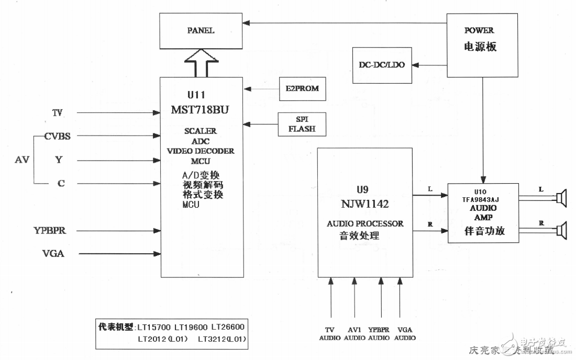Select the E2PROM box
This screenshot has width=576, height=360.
pos(303,89)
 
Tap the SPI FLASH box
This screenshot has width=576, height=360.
pos(302,124)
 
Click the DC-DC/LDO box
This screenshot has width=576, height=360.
pos(382,65)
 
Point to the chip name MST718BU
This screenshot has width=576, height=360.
pos(201,110)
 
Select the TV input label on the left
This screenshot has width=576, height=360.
pos(58,113)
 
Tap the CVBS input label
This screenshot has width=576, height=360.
pos(58,136)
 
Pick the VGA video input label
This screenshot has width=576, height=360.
pos(54,254)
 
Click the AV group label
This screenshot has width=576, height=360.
pos(22,159)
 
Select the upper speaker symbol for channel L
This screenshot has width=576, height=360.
pos(561,198)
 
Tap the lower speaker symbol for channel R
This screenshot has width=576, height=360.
pos(561,230)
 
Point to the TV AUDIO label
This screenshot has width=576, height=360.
pos(330,333)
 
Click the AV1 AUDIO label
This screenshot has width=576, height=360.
pos(355,333)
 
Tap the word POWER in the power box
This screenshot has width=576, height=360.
pos(479,30)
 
